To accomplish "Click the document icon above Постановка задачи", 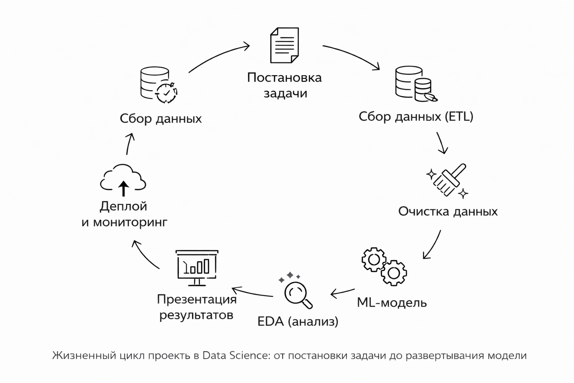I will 284,45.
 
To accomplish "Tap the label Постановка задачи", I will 284,85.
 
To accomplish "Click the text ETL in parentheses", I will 459,117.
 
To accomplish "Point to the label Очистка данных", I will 448,211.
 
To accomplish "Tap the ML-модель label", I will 392,302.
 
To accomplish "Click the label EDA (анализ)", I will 298,321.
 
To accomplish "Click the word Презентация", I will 197,299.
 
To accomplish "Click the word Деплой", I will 123,206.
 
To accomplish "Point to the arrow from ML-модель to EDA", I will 342,292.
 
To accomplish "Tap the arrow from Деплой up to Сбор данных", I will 129,144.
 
